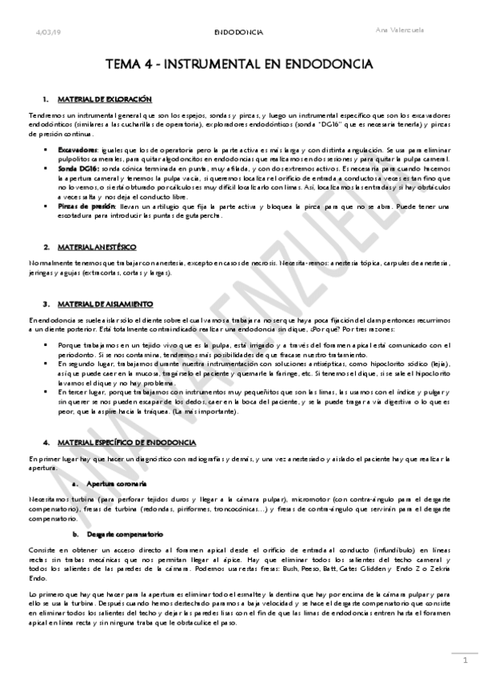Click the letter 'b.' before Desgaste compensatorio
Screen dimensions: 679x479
[x=76, y=532]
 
